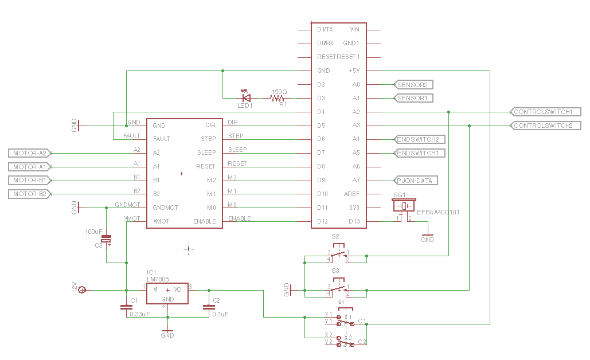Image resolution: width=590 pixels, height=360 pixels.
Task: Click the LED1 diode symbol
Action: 247,98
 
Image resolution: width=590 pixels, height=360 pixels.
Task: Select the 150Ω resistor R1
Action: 279,98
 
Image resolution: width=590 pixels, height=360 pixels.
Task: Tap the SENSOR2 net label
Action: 413,85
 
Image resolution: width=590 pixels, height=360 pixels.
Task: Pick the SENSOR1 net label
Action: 413,99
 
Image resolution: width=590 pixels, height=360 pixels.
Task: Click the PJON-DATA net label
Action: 416,181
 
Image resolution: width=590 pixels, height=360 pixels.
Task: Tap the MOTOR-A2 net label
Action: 30,153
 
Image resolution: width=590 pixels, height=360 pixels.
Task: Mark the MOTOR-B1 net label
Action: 30,181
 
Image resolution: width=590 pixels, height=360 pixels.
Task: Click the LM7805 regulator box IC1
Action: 167,291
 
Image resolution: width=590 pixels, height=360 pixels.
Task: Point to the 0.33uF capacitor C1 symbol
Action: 126,307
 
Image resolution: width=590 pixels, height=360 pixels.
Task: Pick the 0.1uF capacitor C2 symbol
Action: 208,307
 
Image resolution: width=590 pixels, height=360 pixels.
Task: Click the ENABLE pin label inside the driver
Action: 205,222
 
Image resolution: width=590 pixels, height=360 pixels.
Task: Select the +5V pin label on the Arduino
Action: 354,71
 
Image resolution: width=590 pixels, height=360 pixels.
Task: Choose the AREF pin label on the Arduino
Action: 351,194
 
